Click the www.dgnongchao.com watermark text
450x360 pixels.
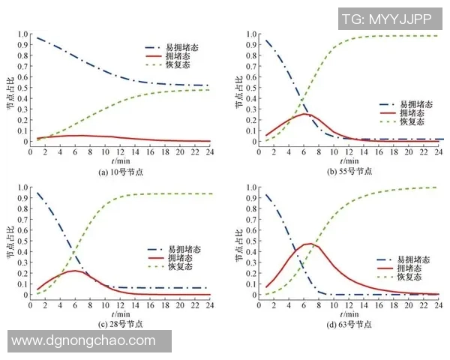[85, 340]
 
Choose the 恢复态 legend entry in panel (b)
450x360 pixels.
[411, 121]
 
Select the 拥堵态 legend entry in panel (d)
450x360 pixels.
[412, 268]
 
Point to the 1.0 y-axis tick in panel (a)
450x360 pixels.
[22, 34]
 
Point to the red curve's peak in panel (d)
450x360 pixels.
[308, 244]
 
